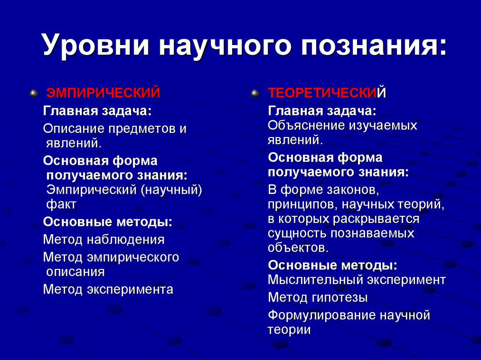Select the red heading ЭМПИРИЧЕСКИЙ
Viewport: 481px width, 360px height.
[102, 93]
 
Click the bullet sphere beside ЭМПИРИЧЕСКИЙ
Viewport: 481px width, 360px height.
[33, 94]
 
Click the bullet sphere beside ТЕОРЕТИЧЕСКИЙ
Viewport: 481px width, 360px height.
[255, 94]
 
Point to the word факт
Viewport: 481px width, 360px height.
[61, 205]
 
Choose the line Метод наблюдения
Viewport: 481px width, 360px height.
[104, 240]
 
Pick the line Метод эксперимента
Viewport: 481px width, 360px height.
[108, 289]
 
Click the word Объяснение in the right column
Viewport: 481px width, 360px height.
[305, 125]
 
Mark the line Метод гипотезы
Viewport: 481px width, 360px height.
[318, 298]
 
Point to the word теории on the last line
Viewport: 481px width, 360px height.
[289, 330]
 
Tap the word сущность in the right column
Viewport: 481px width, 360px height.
[297, 233]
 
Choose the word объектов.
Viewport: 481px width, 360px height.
[298, 247]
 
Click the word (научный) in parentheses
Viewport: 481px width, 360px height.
[174, 190]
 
